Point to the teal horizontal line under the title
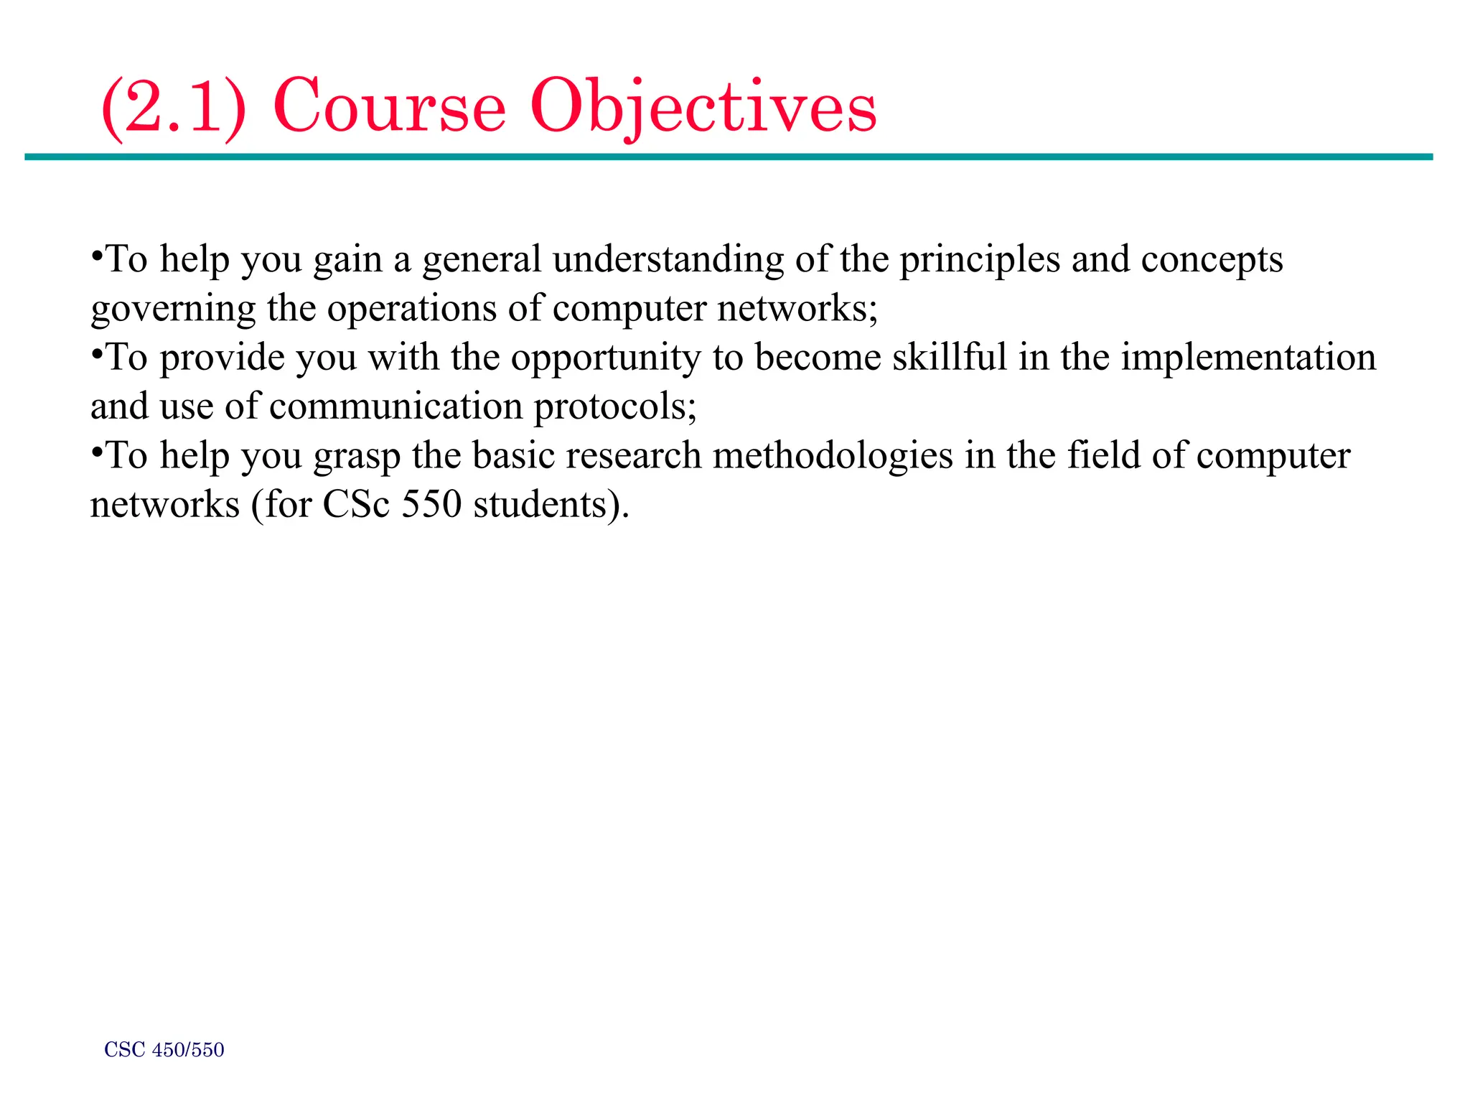tap(728, 157)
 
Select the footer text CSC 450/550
tap(164, 1050)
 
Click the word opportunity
tap(605, 358)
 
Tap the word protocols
tap(614, 406)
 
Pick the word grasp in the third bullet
tap(357, 457)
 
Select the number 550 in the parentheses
tap(431, 505)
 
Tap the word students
tap(551, 505)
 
